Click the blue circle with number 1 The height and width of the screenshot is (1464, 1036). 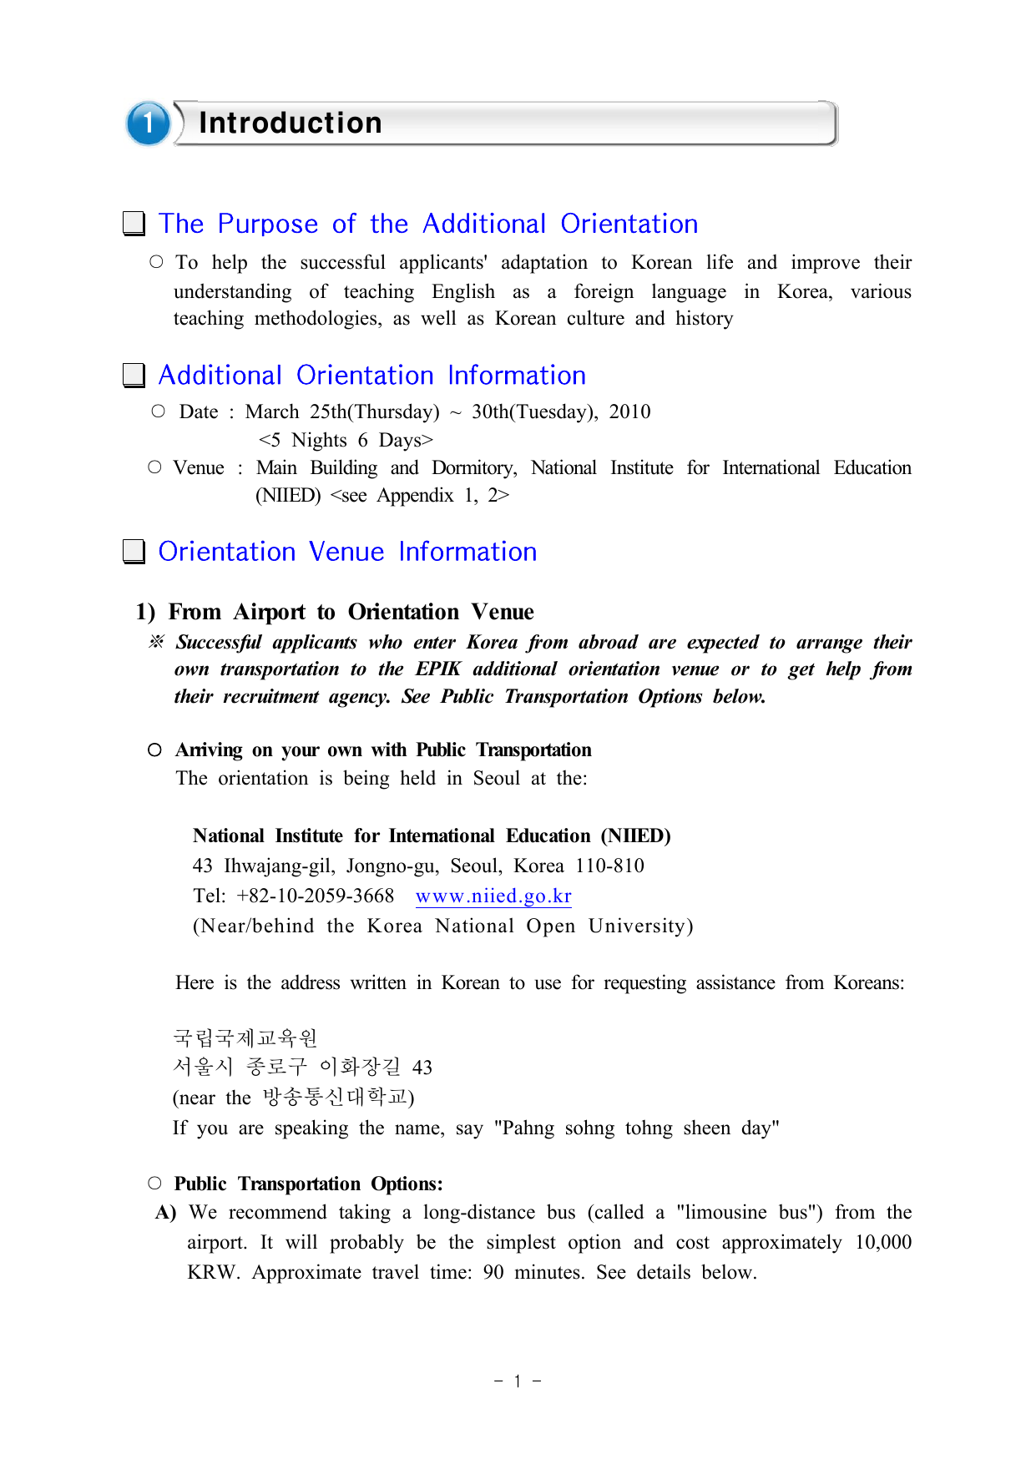149,124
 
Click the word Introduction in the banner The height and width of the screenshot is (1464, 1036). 290,124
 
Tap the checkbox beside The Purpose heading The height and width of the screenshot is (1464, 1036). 134,224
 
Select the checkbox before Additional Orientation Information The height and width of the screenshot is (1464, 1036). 134,376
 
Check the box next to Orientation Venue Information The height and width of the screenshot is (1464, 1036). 134,552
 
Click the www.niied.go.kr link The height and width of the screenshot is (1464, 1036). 493,896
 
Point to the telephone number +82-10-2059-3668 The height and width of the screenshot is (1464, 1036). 315,896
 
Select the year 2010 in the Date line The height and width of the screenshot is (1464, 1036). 629,412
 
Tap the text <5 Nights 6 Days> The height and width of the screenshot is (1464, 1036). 346,440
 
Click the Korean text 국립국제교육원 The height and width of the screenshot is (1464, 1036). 245,1038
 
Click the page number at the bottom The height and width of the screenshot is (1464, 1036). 518,1381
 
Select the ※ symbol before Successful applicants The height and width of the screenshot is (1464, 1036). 156,642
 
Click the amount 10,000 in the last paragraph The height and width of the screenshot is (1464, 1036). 882,1243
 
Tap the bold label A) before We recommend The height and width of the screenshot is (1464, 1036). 165,1213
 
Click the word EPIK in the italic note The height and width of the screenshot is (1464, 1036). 438,669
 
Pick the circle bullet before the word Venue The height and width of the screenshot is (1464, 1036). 154,467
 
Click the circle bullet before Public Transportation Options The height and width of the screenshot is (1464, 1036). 154,1183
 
